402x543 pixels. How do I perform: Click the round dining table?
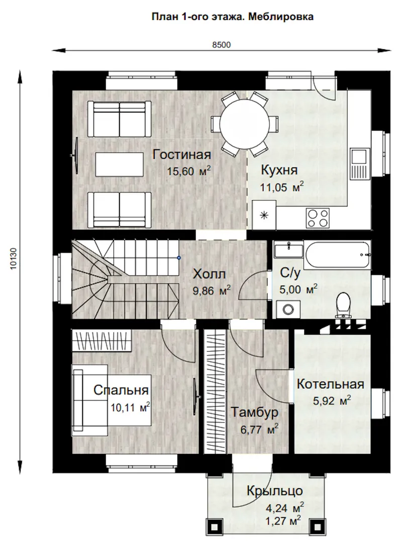[x=245, y=124]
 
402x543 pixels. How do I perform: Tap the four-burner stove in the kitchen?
[x=318, y=218]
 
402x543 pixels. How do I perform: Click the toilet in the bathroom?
[x=344, y=305]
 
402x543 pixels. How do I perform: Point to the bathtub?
[x=338, y=255]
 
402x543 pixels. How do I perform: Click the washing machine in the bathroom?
[x=288, y=309]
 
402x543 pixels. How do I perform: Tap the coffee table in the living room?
[x=120, y=164]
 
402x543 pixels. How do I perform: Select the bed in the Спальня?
[x=112, y=400]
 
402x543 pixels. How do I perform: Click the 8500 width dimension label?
[x=221, y=45]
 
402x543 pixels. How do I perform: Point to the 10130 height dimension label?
[x=14, y=259]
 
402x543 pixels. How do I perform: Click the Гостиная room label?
[x=182, y=154]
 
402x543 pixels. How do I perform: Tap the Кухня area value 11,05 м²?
[x=282, y=187]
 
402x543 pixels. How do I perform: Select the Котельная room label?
[x=330, y=384]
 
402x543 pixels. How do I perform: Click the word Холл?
[x=209, y=274]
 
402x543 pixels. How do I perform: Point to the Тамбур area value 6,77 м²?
[x=259, y=429]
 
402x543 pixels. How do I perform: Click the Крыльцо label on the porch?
[x=274, y=491]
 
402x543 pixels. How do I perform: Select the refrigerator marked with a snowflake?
[x=264, y=215]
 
